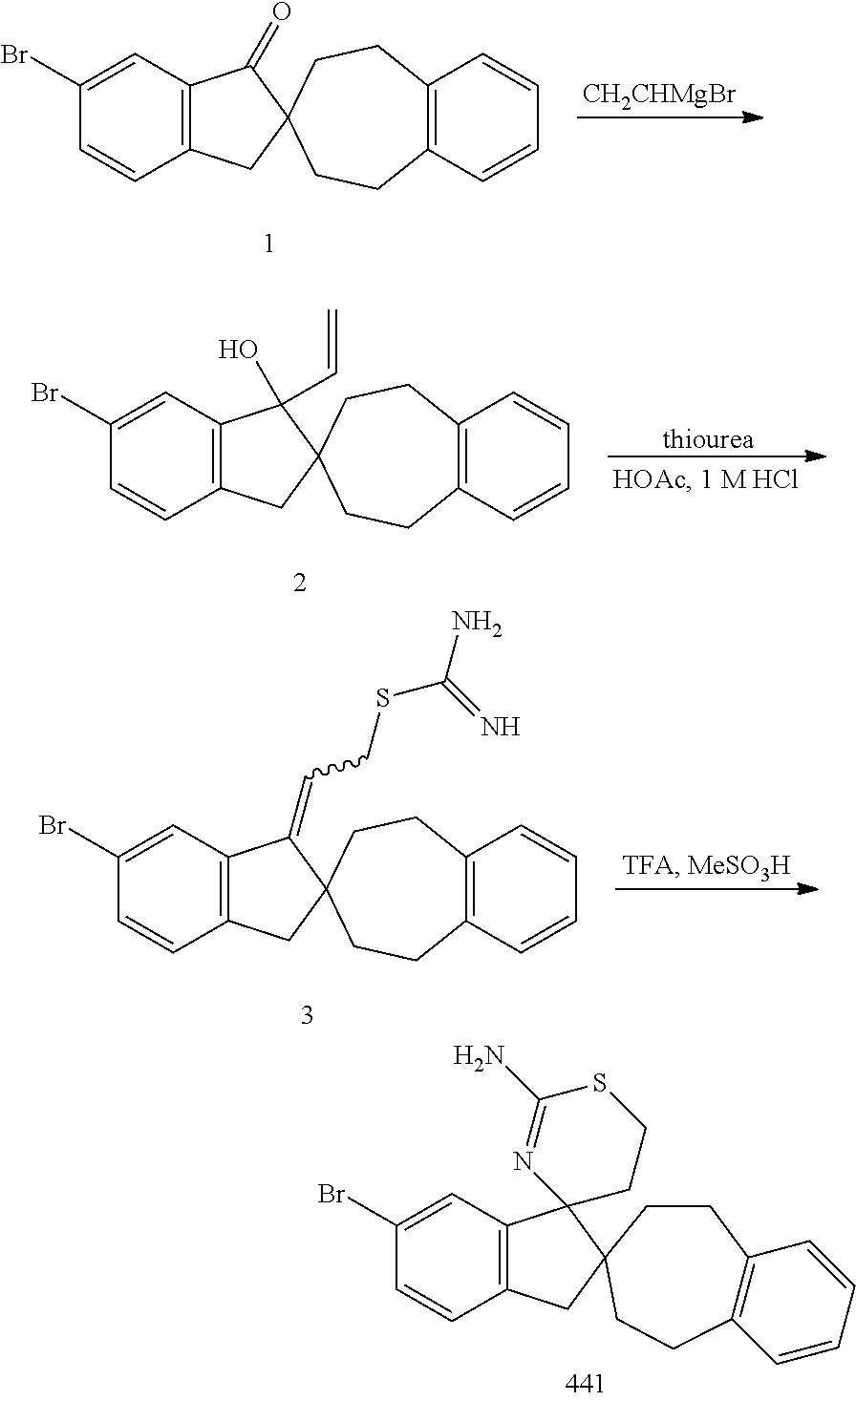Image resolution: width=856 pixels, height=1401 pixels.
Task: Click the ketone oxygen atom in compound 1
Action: point(279,12)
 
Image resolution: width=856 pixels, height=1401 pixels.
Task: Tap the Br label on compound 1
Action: point(16,55)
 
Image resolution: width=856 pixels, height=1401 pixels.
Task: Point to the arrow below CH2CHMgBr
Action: point(670,117)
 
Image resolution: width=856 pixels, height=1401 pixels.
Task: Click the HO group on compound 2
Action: point(239,350)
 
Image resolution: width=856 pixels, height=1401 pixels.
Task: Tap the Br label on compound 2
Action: point(48,393)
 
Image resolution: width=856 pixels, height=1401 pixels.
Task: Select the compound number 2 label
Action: point(300,584)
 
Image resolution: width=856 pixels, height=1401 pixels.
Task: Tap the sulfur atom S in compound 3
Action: point(383,699)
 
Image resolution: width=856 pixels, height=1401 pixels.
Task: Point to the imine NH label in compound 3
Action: point(499,728)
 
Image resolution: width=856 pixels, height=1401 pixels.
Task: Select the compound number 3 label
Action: point(307,1015)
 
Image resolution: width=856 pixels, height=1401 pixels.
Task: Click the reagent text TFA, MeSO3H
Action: point(706,866)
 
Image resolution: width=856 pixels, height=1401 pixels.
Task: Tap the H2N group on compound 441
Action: point(478,1057)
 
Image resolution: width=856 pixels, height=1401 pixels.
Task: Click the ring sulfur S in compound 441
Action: point(600,1083)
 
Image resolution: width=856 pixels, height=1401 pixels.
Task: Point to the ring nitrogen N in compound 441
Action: point(522,1162)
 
